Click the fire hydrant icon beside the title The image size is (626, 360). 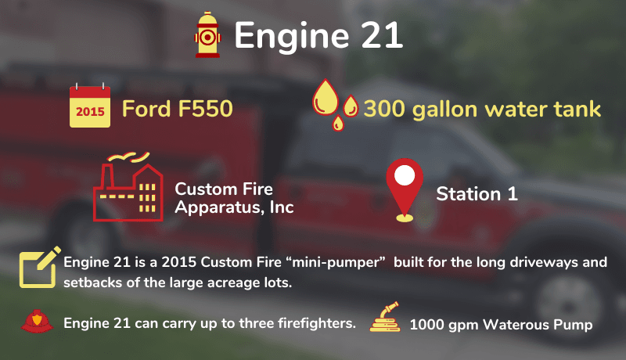tap(207, 34)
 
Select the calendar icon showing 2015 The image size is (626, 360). tap(90, 106)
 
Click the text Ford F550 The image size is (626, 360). tap(178, 109)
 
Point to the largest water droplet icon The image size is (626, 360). tap(325, 97)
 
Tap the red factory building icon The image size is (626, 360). tap(128, 187)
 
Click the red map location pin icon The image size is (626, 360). tap(405, 189)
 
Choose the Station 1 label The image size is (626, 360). tap(477, 194)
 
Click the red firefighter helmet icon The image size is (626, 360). tap(37, 322)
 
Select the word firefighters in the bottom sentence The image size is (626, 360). tap(316, 323)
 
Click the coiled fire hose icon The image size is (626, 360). tap(385, 317)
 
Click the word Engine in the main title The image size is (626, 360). tap(291, 37)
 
